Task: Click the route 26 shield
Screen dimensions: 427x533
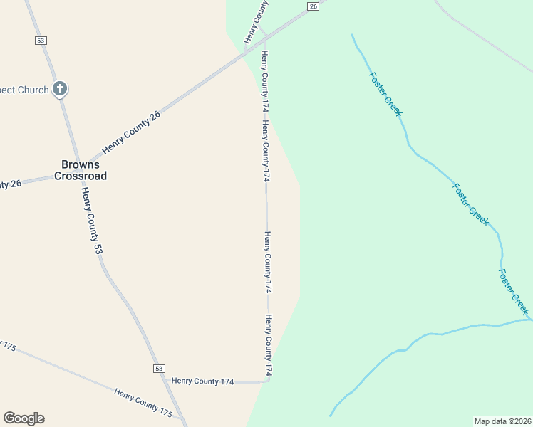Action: point(313,6)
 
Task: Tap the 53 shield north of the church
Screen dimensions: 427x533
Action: point(40,41)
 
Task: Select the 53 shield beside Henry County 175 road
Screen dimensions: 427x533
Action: point(158,368)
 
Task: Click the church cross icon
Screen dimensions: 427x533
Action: point(61,90)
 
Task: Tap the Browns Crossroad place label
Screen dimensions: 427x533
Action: point(80,170)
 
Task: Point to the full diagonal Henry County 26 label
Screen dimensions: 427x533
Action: point(132,133)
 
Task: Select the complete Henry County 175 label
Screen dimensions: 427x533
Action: point(143,401)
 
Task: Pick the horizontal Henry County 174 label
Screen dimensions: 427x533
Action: point(202,381)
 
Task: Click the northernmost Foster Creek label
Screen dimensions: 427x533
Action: point(385,93)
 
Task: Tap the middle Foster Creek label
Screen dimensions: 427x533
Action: point(470,204)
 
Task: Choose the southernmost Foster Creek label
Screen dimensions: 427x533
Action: point(514,291)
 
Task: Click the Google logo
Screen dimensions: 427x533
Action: point(24,418)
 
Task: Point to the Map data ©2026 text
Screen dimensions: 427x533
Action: point(502,421)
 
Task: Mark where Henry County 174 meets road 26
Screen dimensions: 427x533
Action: point(265,36)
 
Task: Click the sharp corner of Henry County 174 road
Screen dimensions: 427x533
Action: point(269,380)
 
